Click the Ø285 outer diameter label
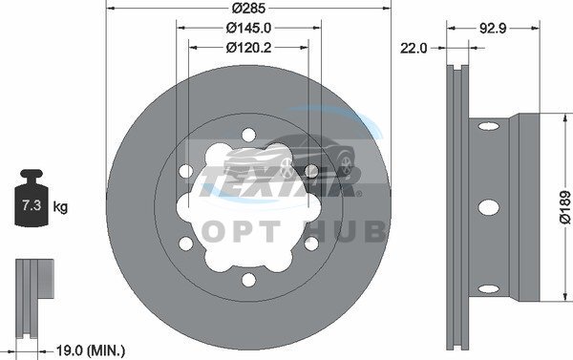coord(248,8)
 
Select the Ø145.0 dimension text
coord(248,28)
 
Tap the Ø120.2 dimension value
coord(248,48)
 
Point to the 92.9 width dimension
coord(493,28)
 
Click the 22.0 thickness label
coord(414,48)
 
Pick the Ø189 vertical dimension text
coord(565,207)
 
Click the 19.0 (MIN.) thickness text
coord(91,350)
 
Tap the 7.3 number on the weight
coord(32,205)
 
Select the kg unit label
coord(60,207)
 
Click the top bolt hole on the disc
coord(248,135)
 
